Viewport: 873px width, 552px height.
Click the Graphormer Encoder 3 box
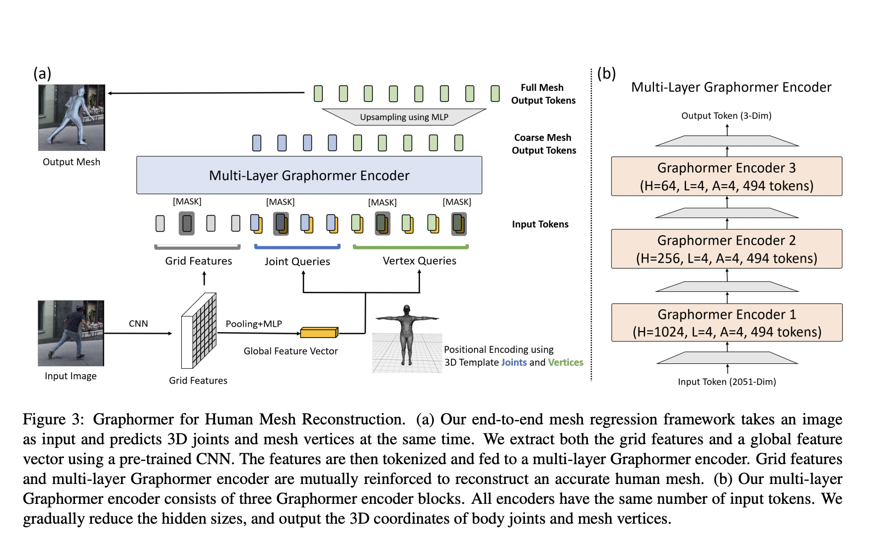point(726,176)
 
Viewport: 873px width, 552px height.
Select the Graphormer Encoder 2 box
point(726,249)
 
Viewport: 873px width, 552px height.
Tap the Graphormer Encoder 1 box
point(726,323)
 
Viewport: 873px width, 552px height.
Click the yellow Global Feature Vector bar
point(319,333)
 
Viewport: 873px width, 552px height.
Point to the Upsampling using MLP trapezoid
point(404,117)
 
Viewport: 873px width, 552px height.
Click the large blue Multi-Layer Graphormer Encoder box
point(309,175)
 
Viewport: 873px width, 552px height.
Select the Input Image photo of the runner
point(71,333)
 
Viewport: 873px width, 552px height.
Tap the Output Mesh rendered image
point(72,118)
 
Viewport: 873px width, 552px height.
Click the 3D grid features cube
point(199,331)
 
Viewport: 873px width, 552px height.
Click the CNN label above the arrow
point(138,324)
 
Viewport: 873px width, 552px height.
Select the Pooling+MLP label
point(254,324)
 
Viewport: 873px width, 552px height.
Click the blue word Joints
point(513,362)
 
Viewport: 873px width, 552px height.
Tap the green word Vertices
point(565,362)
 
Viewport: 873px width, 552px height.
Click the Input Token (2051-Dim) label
point(727,382)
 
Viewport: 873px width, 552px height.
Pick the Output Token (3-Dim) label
point(726,116)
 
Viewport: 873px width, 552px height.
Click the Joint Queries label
point(297,261)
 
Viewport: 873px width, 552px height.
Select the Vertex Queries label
point(419,261)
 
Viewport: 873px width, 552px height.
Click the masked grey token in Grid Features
point(187,223)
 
